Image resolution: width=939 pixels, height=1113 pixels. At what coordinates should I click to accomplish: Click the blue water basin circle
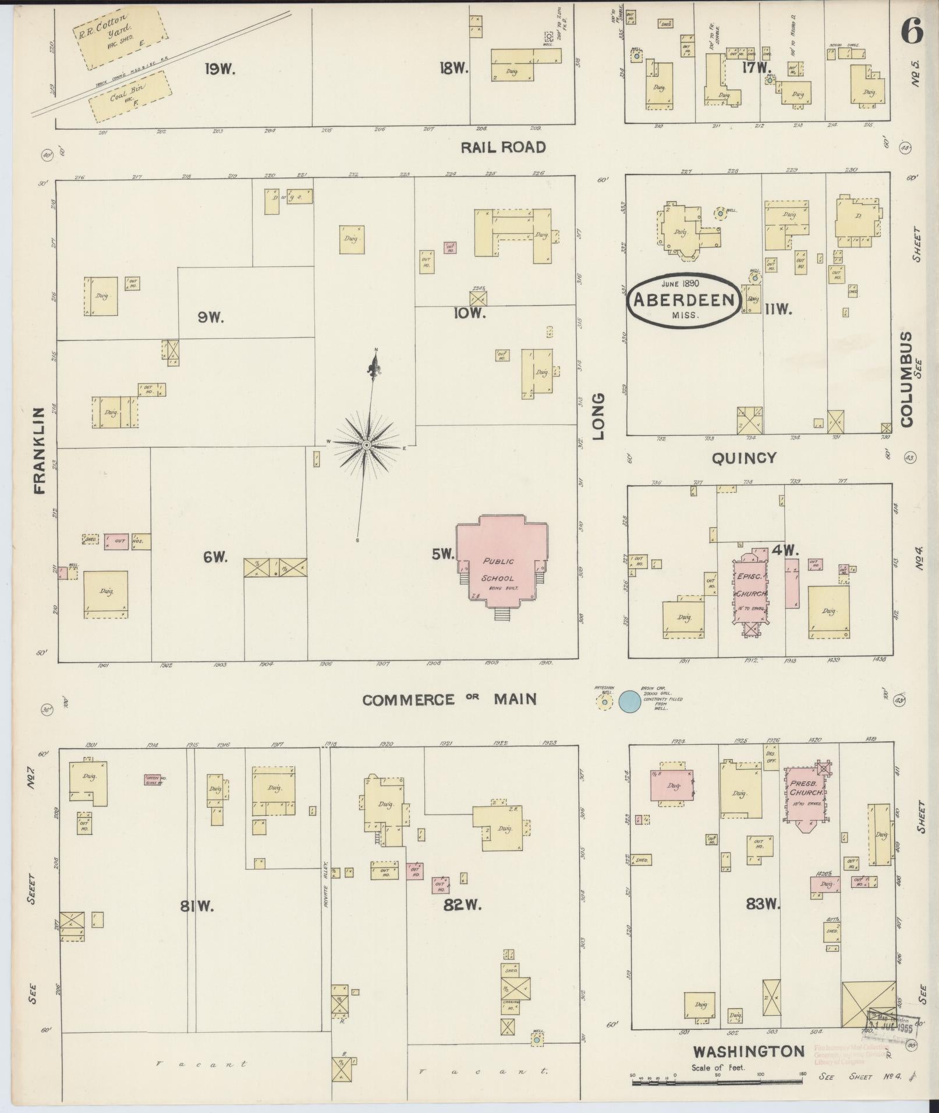pos(628,702)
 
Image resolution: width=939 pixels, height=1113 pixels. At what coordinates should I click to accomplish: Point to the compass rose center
pos(366,445)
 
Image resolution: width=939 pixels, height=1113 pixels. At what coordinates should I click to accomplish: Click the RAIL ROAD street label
pos(503,147)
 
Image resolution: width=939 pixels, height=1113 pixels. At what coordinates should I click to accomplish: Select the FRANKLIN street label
pos(40,451)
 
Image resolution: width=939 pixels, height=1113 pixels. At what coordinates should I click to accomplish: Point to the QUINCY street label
pos(744,458)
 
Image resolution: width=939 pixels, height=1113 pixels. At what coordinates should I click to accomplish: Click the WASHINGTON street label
pos(748,1051)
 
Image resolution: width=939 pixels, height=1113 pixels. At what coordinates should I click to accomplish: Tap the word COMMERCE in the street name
pos(408,699)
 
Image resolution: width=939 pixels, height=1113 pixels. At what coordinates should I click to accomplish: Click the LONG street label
pos(599,417)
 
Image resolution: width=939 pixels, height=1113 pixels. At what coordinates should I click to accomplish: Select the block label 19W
pos(219,69)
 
